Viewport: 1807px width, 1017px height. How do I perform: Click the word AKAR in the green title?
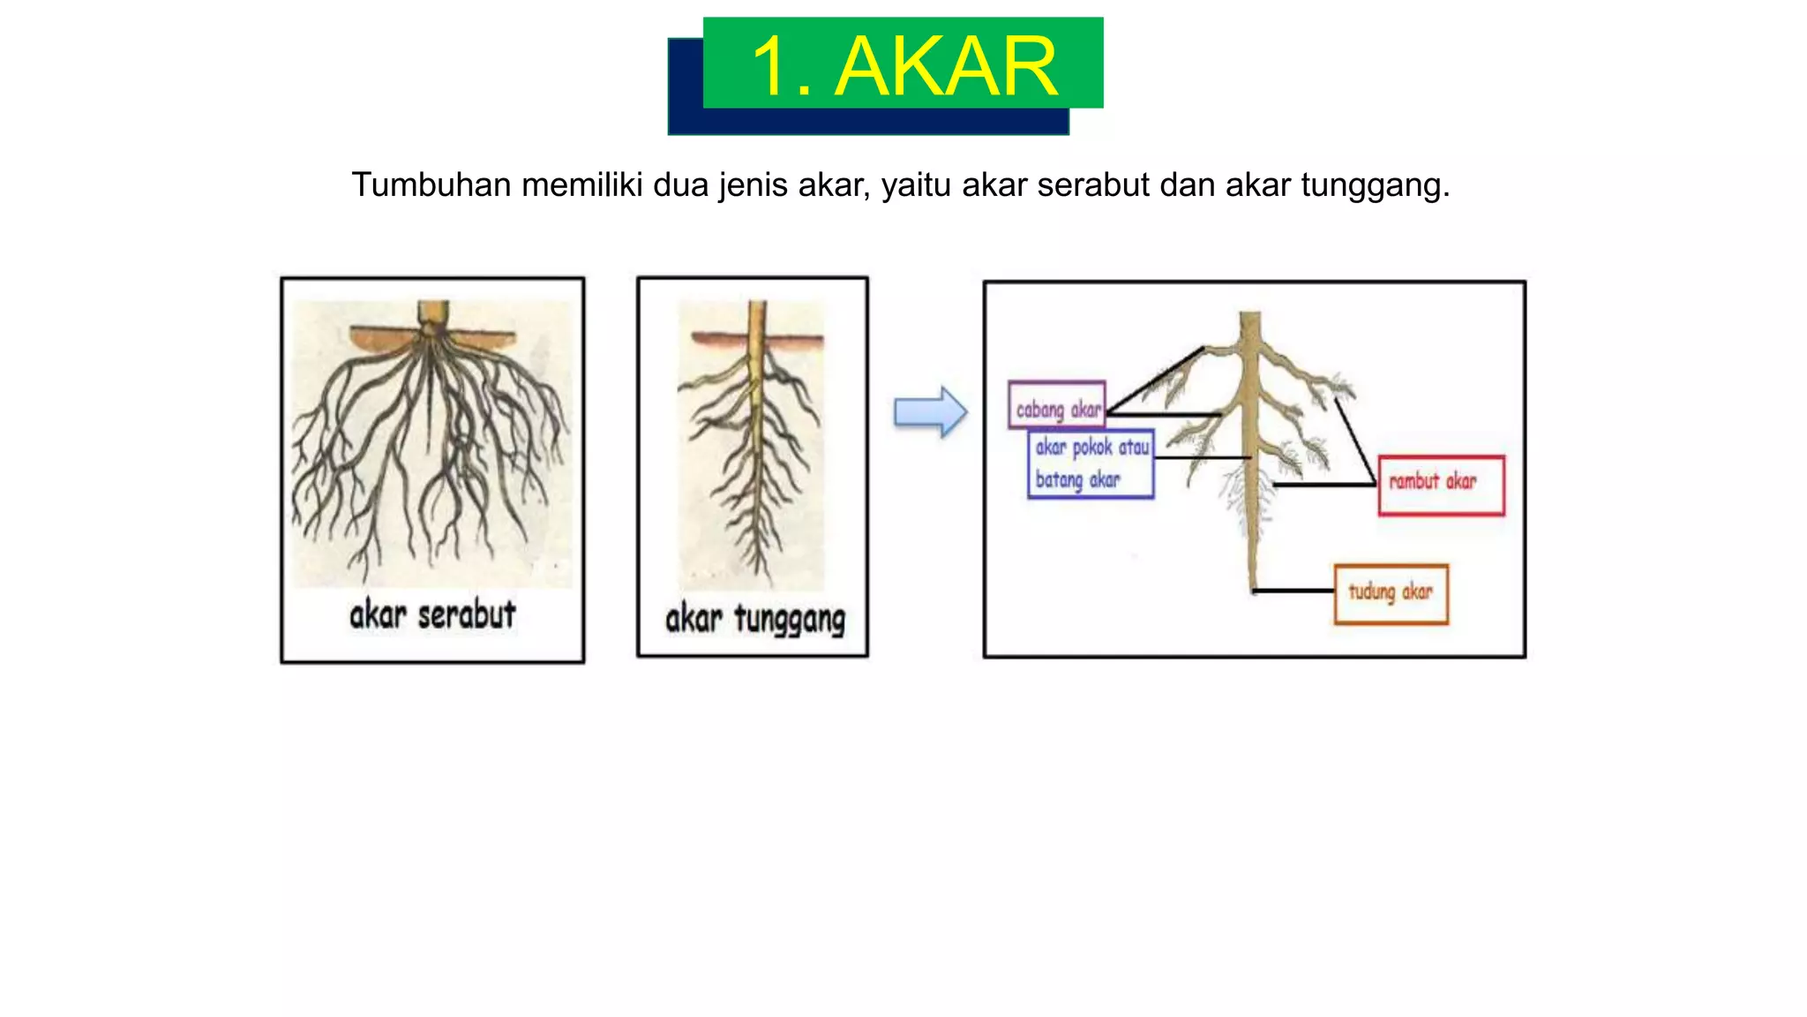tap(946, 67)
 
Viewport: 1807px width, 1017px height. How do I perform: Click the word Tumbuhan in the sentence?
tap(431, 185)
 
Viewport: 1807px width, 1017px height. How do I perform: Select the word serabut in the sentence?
tap(1093, 185)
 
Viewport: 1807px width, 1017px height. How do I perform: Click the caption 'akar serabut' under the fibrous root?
tap(432, 614)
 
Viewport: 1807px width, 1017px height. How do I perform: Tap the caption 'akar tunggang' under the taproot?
tap(754, 619)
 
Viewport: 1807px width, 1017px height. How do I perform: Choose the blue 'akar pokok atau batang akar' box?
tap(1091, 464)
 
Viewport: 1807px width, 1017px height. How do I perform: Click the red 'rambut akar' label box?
tap(1441, 485)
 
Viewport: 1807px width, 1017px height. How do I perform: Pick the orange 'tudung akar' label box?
tap(1391, 594)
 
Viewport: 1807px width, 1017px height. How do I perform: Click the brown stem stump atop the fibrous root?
tap(432, 313)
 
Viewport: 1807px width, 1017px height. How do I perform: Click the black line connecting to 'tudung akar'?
tap(1293, 591)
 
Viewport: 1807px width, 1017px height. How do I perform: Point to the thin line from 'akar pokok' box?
tap(1202, 458)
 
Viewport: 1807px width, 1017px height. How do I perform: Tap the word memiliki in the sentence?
tap(582, 185)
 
